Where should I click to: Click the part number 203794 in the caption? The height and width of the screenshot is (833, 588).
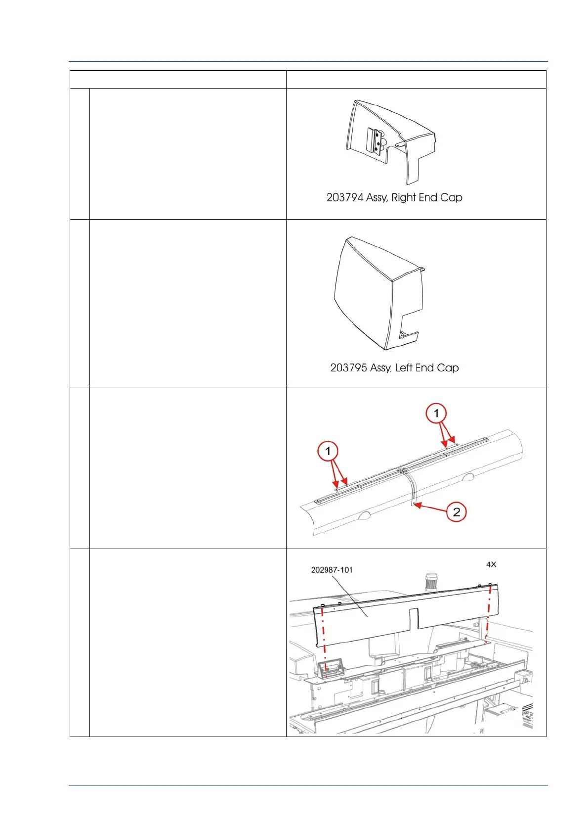coord(345,197)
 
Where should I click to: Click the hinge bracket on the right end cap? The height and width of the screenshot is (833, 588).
coord(375,141)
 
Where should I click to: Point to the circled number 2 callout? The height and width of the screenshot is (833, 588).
coord(456,512)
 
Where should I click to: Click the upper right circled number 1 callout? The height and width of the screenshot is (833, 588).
coord(436,413)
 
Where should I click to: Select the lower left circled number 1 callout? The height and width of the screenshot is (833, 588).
coord(328,451)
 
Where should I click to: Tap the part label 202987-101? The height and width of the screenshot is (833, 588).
coord(332,570)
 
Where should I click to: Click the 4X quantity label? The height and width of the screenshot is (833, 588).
coord(491,564)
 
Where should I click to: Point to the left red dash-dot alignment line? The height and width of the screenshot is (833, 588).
coord(324,638)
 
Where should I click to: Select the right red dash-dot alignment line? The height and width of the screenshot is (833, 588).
coord(488,613)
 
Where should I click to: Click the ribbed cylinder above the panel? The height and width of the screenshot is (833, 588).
coord(432,582)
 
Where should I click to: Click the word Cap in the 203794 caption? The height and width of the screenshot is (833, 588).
coord(451,197)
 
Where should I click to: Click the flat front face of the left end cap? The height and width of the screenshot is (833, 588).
coord(363,297)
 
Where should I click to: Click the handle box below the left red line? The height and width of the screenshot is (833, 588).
coord(327,670)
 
